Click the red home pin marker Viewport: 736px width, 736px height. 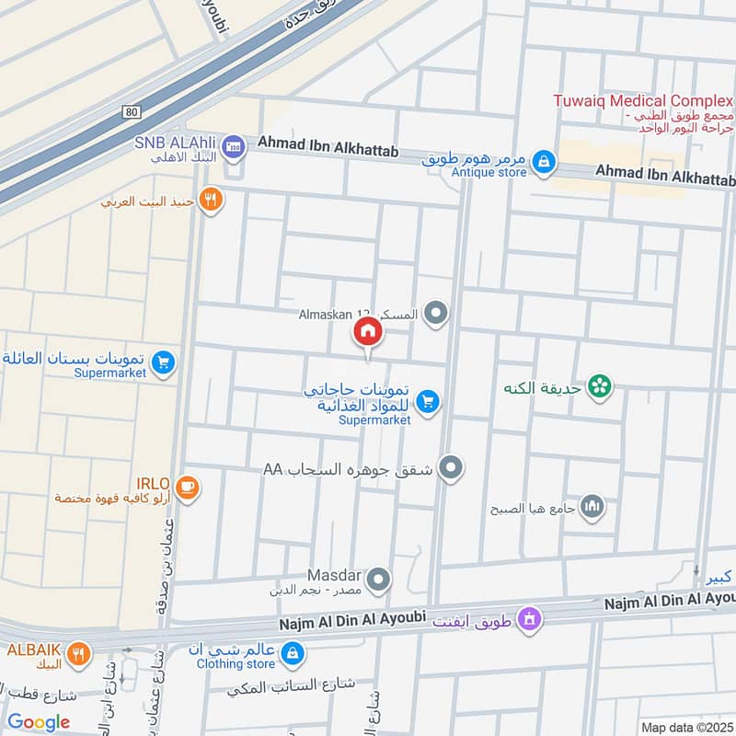[366, 332]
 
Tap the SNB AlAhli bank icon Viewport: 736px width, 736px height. [234, 145]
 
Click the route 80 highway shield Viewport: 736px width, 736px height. [132, 112]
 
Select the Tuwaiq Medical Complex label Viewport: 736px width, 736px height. [642, 100]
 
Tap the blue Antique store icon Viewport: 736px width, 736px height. [545, 163]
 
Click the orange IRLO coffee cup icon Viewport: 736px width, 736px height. [187, 488]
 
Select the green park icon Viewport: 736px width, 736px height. [601, 387]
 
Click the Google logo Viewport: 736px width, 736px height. [39, 722]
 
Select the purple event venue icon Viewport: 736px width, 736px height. [528, 619]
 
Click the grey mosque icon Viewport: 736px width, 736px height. [592, 506]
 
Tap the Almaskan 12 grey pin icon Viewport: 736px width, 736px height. [436, 316]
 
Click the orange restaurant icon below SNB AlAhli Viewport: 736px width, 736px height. [212, 200]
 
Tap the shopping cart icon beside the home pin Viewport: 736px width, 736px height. [427, 401]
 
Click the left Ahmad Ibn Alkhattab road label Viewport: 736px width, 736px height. [328, 146]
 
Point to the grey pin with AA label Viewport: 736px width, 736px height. [451, 469]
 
